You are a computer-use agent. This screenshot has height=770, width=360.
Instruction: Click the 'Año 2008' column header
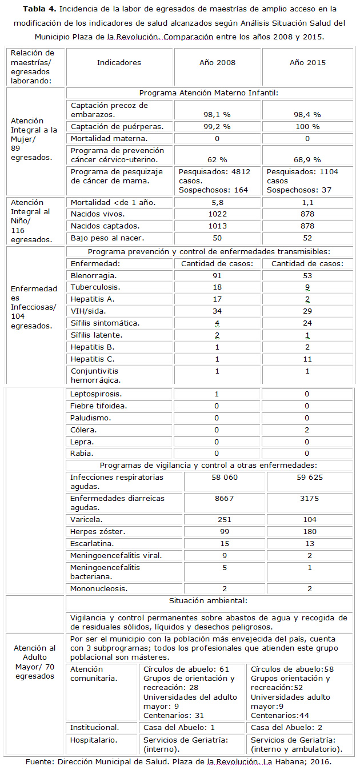(218, 63)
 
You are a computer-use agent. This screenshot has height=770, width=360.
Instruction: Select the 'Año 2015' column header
(307, 63)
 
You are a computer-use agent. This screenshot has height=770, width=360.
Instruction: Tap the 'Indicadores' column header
(119, 63)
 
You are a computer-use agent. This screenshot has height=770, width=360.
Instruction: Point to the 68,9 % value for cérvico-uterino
(307, 159)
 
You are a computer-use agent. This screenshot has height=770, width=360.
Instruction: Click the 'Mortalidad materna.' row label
(109, 138)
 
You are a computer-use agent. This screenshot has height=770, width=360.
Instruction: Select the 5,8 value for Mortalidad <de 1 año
(217, 202)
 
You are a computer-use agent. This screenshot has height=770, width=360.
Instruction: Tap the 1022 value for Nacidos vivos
(217, 214)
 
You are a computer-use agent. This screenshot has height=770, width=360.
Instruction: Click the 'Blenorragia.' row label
(92, 275)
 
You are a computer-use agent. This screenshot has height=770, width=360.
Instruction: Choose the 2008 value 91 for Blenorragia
(217, 275)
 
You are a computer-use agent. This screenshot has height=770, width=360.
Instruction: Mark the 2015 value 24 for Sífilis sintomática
(307, 323)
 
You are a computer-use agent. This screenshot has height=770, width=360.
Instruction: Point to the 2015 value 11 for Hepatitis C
(307, 359)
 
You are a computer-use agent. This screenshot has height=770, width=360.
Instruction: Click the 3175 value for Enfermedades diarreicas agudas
(307, 499)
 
